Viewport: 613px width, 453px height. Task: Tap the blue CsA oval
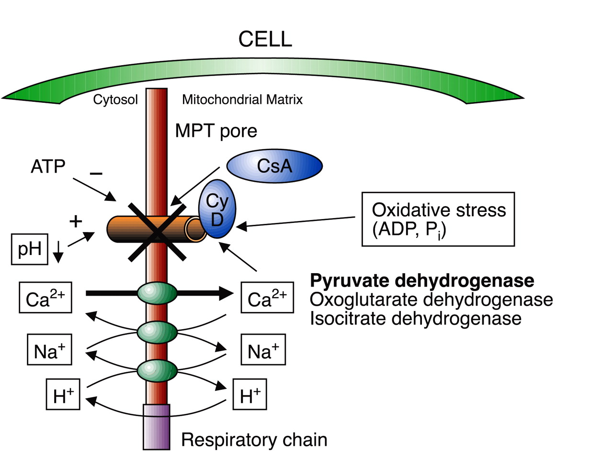coord(274,166)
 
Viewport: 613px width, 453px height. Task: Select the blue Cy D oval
coord(217,209)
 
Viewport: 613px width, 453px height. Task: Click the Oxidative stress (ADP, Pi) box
coord(438,219)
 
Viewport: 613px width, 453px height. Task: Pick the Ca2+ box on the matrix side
coord(267,298)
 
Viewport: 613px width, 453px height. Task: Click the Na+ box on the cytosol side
coord(49,351)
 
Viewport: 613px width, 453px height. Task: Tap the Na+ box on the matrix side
coord(263,351)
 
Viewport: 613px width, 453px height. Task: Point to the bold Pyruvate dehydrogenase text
coord(422,281)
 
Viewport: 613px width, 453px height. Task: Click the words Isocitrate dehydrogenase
coord(415,318)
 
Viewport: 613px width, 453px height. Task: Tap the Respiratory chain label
coord(254,440)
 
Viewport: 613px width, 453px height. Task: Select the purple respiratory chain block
coord(157,427)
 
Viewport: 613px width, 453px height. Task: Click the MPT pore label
coord(216,131)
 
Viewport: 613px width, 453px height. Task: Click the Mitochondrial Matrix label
coord(242,100)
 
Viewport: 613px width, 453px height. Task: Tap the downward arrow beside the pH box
coord(58,252)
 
